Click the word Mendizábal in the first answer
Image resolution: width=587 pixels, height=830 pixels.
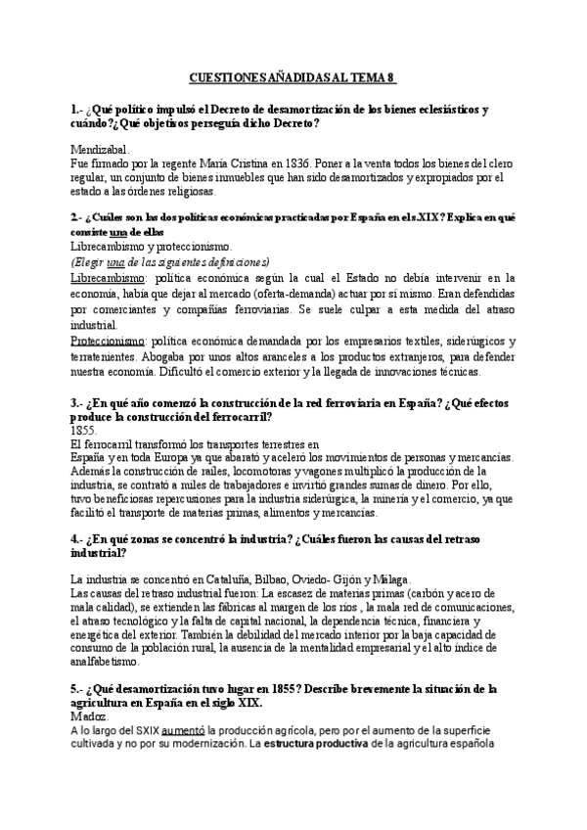tap(101, 148)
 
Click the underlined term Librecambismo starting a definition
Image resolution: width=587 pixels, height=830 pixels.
tap(110, 278)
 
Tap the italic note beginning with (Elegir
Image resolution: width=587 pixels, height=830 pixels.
tap(169, 261)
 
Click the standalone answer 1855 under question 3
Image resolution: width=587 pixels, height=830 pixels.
tap(85, 430)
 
